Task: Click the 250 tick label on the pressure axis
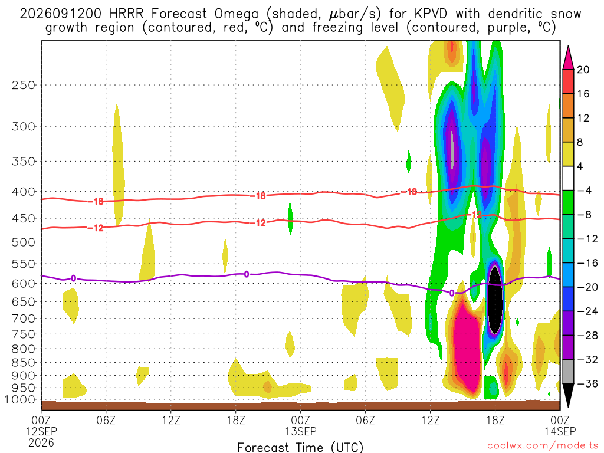(24, 85)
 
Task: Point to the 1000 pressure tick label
(20, 400)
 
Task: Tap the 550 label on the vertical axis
(24, 264)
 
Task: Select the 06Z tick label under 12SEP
(106, 420)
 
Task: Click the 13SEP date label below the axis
(300, 431)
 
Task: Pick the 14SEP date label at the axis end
(560, 431)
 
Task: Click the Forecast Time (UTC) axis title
(300, 447)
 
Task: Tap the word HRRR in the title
(126, 14)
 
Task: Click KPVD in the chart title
(431, 14)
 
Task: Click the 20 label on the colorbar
(583, 70)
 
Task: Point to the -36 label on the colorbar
(587, 383)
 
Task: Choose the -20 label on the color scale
(587, 287)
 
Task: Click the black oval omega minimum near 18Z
(495, 299)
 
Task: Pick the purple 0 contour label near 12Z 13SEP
(452, 294)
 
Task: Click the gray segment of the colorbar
(568, 372)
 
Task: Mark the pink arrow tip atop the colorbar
(568, 46)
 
